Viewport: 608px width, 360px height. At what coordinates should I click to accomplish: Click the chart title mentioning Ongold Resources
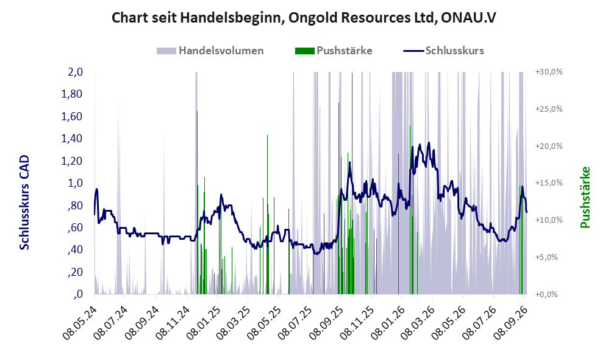point(304,18)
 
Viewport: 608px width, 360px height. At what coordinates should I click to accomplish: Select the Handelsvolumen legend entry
point(210,51)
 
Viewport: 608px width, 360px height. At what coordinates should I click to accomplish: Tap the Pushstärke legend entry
point(334,51)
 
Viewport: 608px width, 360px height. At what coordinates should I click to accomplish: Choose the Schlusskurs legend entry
point(443,51)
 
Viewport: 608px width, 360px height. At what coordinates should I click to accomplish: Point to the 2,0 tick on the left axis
point(75,72)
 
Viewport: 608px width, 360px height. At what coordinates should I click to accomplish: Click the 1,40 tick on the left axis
point(72,139)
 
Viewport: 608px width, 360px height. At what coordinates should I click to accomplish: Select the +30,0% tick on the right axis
point(549,72)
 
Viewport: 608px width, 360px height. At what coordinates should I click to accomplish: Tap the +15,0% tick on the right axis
point(549,182)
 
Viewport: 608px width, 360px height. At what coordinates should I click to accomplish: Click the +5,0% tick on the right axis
point(546,257)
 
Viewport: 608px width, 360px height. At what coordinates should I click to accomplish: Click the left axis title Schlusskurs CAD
point(24,203)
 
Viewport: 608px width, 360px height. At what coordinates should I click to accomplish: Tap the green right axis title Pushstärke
point(585,197)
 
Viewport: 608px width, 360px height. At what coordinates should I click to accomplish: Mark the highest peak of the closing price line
point(429,142)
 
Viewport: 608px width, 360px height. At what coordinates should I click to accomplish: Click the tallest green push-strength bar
point(352,183)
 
